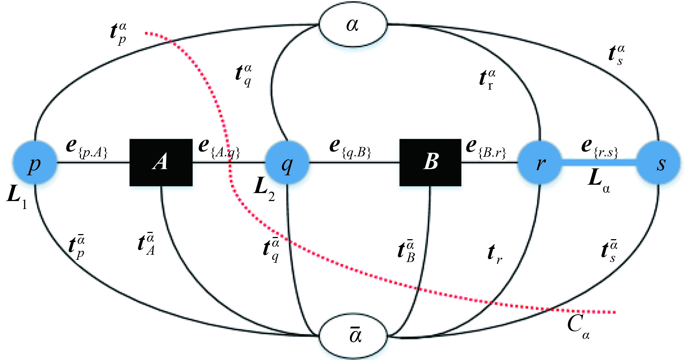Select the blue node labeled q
click(x=287, y=163)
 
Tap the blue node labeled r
click(x=539, y=163)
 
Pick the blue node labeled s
click(x=658, y=163)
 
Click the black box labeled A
click(x=161, y=162)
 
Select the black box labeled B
click(x=430, y=162)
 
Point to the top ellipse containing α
click(x=353, y=25)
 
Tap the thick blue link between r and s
click(x=599, y=162)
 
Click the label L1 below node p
click(x=17, y=197)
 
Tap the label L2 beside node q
click(x=264, y=189)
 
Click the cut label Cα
click(x=578, y=326)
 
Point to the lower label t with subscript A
click(x=147, y=244)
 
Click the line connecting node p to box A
click(x=93, y=162)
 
